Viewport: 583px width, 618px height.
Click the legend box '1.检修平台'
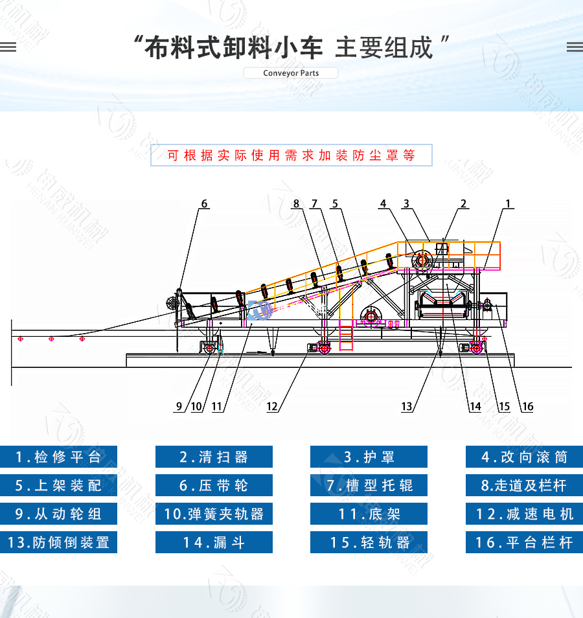[x=58, y=457]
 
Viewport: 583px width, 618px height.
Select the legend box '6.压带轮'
[x=214, y=485]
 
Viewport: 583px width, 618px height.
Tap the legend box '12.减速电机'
[x=524, y=514]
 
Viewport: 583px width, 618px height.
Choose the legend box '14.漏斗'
[x=214, y=542]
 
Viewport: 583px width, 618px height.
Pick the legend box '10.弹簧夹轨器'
[x=214, y=514]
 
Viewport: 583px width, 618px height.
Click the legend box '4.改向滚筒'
[x=524, y=457]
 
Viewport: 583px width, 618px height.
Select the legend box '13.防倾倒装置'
[x=58, y=542]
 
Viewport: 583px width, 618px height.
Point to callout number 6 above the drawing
[x=205, y=203]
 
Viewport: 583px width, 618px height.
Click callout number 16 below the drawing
[x=527, y=407]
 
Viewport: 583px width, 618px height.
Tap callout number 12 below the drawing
[x=272, y=407]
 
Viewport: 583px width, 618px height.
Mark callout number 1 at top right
[x=509, y=203]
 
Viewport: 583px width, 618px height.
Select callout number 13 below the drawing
[x=407, y=407]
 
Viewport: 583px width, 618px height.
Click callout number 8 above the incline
[x=297, y=203]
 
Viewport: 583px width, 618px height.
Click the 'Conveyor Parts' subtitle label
[x=291, y=73]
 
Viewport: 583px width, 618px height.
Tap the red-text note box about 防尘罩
[x=291, y=155]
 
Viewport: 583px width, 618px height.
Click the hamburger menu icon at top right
[x=574, y=47]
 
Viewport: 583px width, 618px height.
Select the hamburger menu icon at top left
[x=8, y=47]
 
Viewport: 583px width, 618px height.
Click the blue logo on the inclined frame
[x=260, y=310]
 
